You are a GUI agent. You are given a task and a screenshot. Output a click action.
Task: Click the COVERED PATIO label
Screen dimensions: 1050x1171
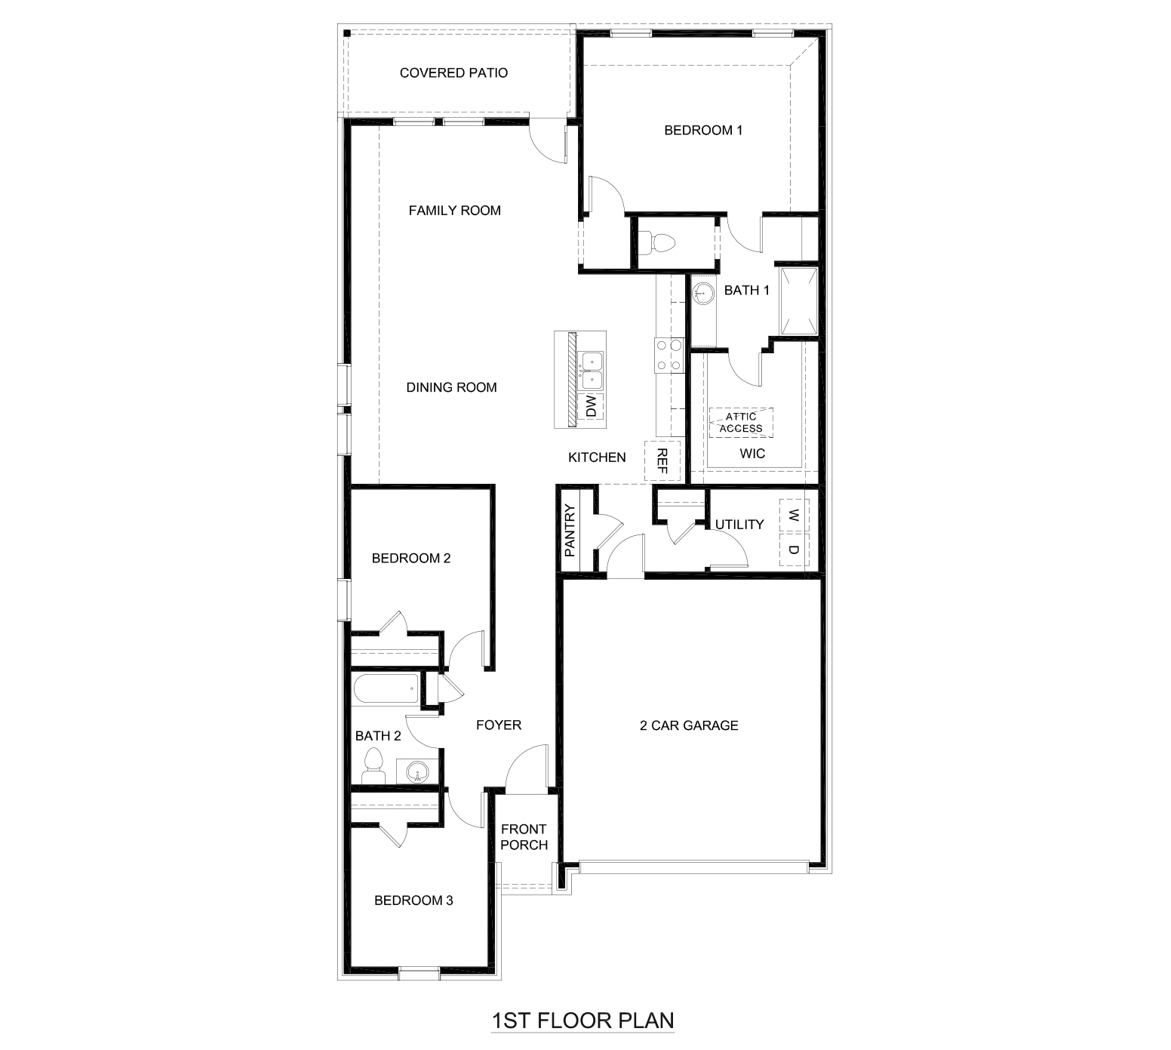(453, 73)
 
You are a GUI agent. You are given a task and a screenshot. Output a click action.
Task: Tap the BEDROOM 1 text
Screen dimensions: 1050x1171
(703, 131)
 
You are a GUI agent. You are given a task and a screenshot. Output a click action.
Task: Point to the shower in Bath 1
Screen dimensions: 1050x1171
(799, 300)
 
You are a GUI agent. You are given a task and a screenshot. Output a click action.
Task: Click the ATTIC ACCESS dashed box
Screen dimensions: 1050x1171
(741, 423)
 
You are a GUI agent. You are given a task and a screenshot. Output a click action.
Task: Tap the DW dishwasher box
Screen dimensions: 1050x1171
(591, 407)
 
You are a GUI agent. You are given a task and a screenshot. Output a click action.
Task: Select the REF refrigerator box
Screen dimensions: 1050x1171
(662, 460)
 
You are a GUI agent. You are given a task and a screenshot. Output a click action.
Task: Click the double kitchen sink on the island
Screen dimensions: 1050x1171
(591, 370)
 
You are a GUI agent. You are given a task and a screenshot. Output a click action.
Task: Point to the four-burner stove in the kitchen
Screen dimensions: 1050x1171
(668, 356)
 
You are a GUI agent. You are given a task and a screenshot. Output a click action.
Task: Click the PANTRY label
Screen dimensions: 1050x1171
(570, 531)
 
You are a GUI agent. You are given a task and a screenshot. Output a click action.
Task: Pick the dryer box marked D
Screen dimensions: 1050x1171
(793, 550)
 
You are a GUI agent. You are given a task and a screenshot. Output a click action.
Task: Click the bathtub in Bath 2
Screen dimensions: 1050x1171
(385, 688)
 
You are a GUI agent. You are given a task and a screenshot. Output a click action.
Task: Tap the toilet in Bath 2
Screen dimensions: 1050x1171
(372, 766)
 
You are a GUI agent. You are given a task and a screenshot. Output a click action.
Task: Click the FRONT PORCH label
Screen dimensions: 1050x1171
(524, 837)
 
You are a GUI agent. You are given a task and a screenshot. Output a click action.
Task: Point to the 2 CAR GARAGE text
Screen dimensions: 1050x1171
(689, 725)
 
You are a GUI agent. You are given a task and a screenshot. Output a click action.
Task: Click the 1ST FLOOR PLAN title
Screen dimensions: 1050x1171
(582, 1021)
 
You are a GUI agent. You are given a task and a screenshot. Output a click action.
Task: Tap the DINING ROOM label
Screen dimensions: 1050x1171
(451, 387)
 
